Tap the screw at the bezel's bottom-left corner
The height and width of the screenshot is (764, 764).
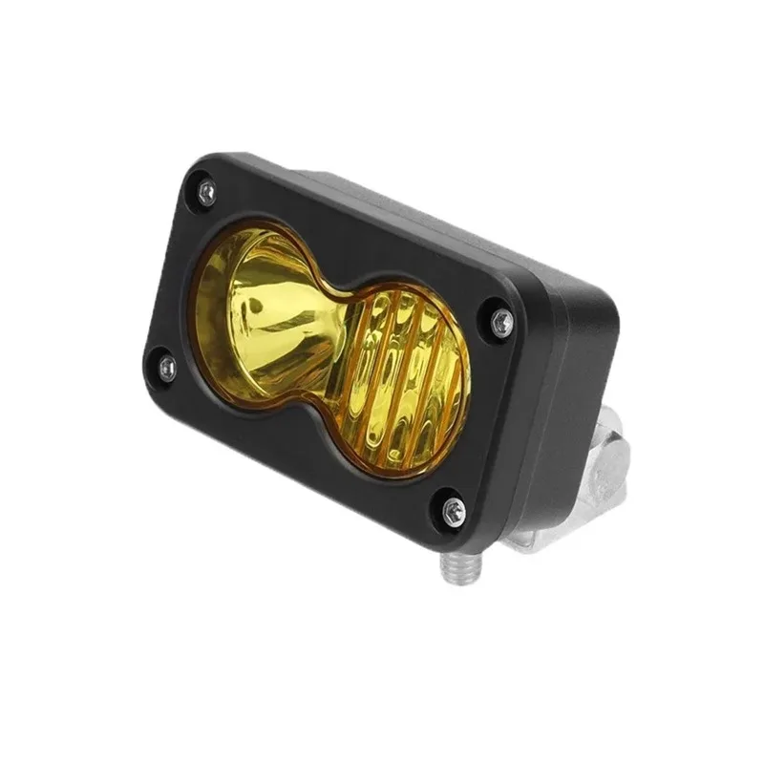(167, 367)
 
